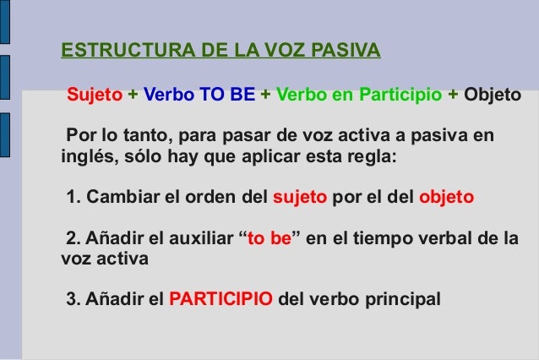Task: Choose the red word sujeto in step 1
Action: (x=301, y=199)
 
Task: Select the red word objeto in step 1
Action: (x=447, y=199)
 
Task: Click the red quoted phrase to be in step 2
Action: (x=266, y=239)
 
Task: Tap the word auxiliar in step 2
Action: (x=199, y=239)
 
